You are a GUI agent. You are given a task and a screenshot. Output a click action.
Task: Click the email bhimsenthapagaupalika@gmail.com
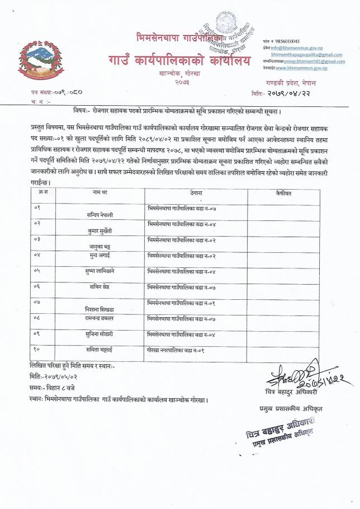tap(306, 55)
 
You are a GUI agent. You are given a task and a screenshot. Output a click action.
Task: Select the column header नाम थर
tap(100, 192)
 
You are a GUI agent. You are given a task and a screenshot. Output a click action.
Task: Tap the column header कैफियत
tap(285, 192)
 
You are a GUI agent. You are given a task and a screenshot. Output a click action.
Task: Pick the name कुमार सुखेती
tap(100, 229)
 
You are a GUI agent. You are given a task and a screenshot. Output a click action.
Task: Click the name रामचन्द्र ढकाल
tap(100, 318)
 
